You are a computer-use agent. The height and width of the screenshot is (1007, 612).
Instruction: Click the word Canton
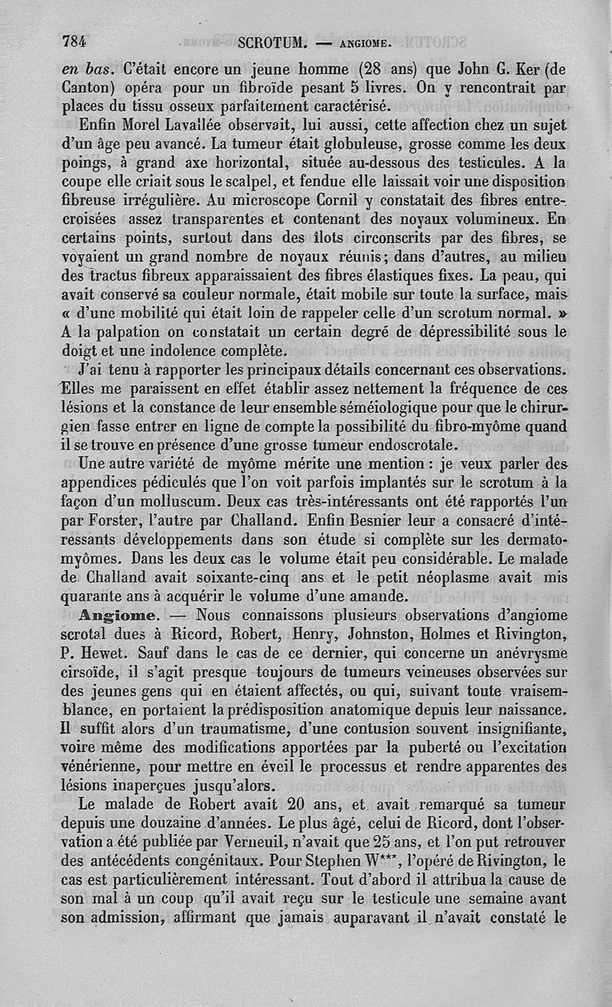point(89,87)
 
